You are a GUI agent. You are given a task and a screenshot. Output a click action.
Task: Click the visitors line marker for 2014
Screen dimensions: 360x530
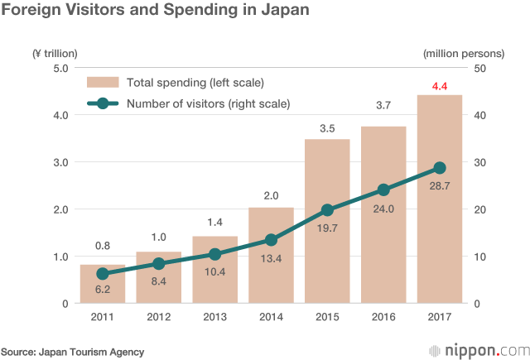coord(271,240)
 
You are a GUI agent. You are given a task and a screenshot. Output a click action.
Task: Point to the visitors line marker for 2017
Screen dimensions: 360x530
coord(440,168)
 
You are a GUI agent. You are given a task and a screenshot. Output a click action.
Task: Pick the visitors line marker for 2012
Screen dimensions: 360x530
coord(158,264)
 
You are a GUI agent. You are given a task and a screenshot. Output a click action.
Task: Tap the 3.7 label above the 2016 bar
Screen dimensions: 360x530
coord(383,106)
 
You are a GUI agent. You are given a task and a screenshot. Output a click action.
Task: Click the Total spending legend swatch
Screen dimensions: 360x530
coord(104,83)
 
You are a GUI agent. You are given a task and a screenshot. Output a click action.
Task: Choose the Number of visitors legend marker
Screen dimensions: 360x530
coord(103,104)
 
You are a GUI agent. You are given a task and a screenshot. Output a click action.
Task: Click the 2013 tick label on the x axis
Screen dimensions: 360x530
coord(214,318)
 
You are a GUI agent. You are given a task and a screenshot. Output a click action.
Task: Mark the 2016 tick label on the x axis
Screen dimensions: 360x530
coord(383,318)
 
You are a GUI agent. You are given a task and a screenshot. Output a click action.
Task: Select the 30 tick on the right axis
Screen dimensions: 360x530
coord(479,162)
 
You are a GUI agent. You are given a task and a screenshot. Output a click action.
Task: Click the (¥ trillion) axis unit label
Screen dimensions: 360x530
coord(55,53)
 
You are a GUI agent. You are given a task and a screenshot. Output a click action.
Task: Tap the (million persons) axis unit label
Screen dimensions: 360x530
coord(463,53)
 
